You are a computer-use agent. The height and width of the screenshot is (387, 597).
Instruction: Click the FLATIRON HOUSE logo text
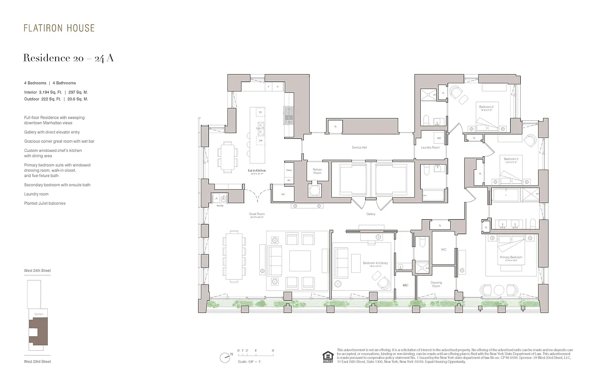(x=59, y=28)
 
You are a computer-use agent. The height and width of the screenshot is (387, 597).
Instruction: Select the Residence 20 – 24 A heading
(x=68, y=58)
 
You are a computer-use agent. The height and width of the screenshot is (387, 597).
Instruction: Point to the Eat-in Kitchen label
(x=257, y=171)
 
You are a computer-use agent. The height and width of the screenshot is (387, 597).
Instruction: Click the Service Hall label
(x=358, y=147)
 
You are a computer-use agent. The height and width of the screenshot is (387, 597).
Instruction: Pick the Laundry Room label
(x=430, y=147)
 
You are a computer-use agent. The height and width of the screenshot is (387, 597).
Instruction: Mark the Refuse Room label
(x=317, y=171)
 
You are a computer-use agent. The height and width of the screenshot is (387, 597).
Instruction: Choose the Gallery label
(x=370, y=214)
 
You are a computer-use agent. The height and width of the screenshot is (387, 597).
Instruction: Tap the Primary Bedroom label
(x=511, y=257)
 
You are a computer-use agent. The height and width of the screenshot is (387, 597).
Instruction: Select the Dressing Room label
(x=436, y=284)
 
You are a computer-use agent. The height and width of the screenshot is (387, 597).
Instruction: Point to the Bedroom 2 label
(x=485, y=106)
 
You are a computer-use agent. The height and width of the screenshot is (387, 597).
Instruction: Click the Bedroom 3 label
(x=511, y=159)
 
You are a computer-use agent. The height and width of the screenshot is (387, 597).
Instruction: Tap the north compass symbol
(x=225, y=358)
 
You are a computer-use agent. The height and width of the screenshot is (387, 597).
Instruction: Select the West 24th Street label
(x=37, y=270)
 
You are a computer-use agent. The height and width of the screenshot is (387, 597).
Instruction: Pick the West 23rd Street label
(x=37, y=361)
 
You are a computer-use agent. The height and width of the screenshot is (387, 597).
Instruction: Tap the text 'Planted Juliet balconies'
(x=45, y=203)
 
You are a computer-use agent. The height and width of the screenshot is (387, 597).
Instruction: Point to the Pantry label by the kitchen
(x=289, y=170)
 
